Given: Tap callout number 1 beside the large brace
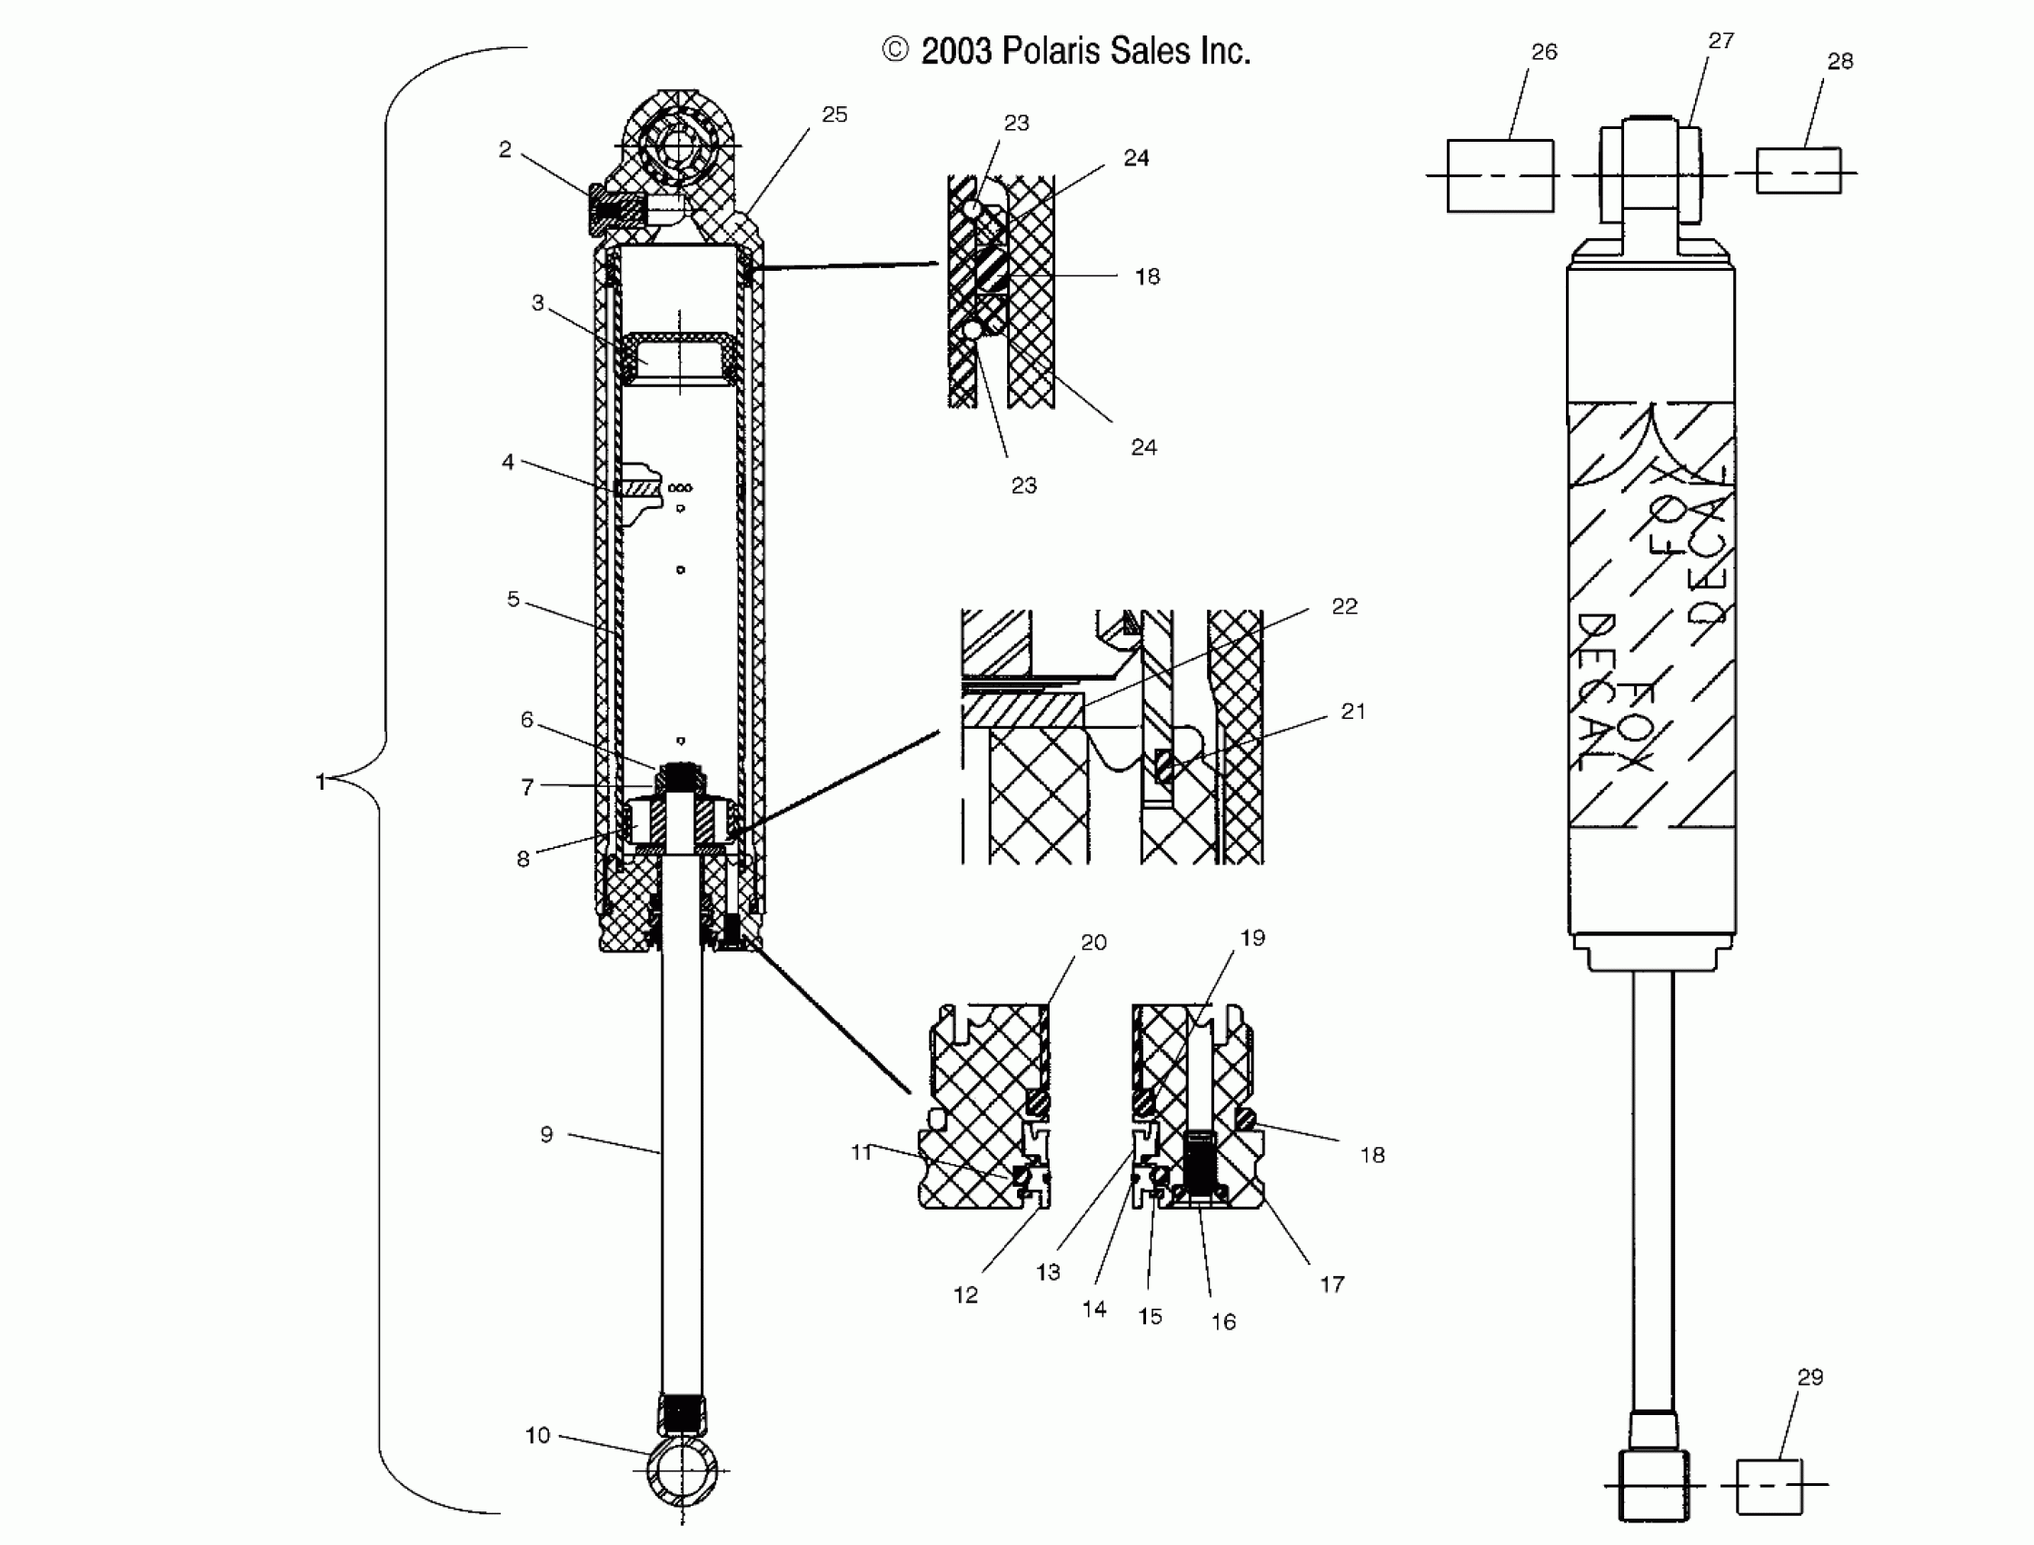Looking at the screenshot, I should (x=320, y=782).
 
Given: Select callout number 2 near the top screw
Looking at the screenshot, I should (x=504, y=149).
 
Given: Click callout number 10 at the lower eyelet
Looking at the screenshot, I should (x=537, y=1435).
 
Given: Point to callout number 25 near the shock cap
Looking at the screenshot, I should (x=834, y=115).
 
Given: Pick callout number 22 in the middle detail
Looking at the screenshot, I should (x=1343, y=606).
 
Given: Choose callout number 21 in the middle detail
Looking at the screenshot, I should (x=1352, y=711).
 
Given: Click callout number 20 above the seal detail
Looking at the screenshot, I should (x=1093, y=942).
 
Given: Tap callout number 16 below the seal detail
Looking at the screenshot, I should (x=1223, y=1321).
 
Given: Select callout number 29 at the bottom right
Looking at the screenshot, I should (x=1810, y=1377).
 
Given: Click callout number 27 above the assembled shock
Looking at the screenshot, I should (x=1720, y=41).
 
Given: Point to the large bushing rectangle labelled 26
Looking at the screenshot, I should (x=1500, y=175).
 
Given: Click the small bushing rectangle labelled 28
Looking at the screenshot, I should (x=1798, y=171).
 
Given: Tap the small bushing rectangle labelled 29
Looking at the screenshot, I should (x=1769, y=1486).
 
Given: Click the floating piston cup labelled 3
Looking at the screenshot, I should (x=679, y=359).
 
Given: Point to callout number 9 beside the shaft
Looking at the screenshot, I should (x=546, y=1135).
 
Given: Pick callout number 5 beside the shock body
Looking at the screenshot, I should (x=513, y=600).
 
